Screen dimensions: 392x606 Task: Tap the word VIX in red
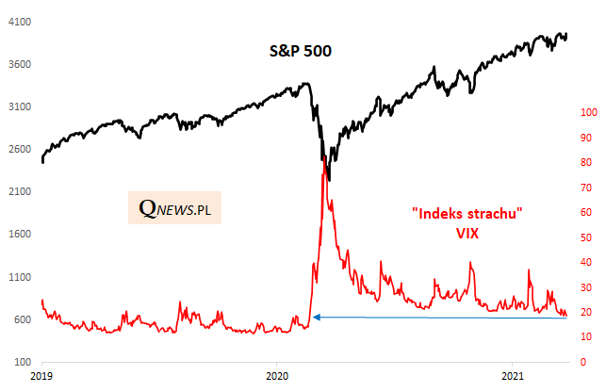click(x=467, y=232)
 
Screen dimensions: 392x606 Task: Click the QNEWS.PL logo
click(x=174, y=208)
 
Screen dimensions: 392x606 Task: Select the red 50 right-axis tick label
click(x=587, y=237)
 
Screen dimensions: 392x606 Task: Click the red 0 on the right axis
click(x=584, y=363)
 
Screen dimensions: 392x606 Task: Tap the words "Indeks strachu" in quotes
click(x=467, y=213)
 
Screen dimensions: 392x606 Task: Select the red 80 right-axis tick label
click(x=587, y=163)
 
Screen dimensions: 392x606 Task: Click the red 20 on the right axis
click(x=587, y=313)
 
